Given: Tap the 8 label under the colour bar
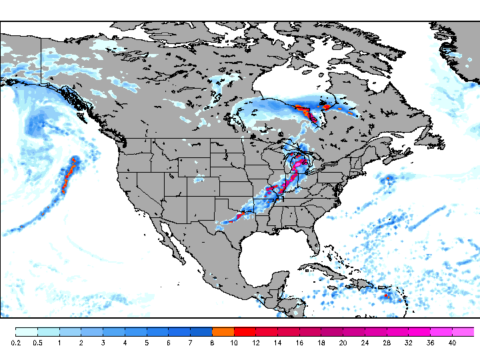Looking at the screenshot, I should (x=212, y=343).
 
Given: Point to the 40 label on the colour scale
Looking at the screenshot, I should (x=452, y=343).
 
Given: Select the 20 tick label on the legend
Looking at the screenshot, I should (x=343, y=343).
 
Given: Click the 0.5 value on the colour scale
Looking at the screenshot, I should (x=38, y=343).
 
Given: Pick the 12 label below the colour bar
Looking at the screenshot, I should (x=256, y=343).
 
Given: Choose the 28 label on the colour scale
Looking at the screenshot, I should (x=387, y=343).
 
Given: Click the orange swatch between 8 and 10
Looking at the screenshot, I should (x=223, y=331).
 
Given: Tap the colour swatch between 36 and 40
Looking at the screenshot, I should (x=441, y=331).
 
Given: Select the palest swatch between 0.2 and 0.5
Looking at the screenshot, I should (x=27, y=331).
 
